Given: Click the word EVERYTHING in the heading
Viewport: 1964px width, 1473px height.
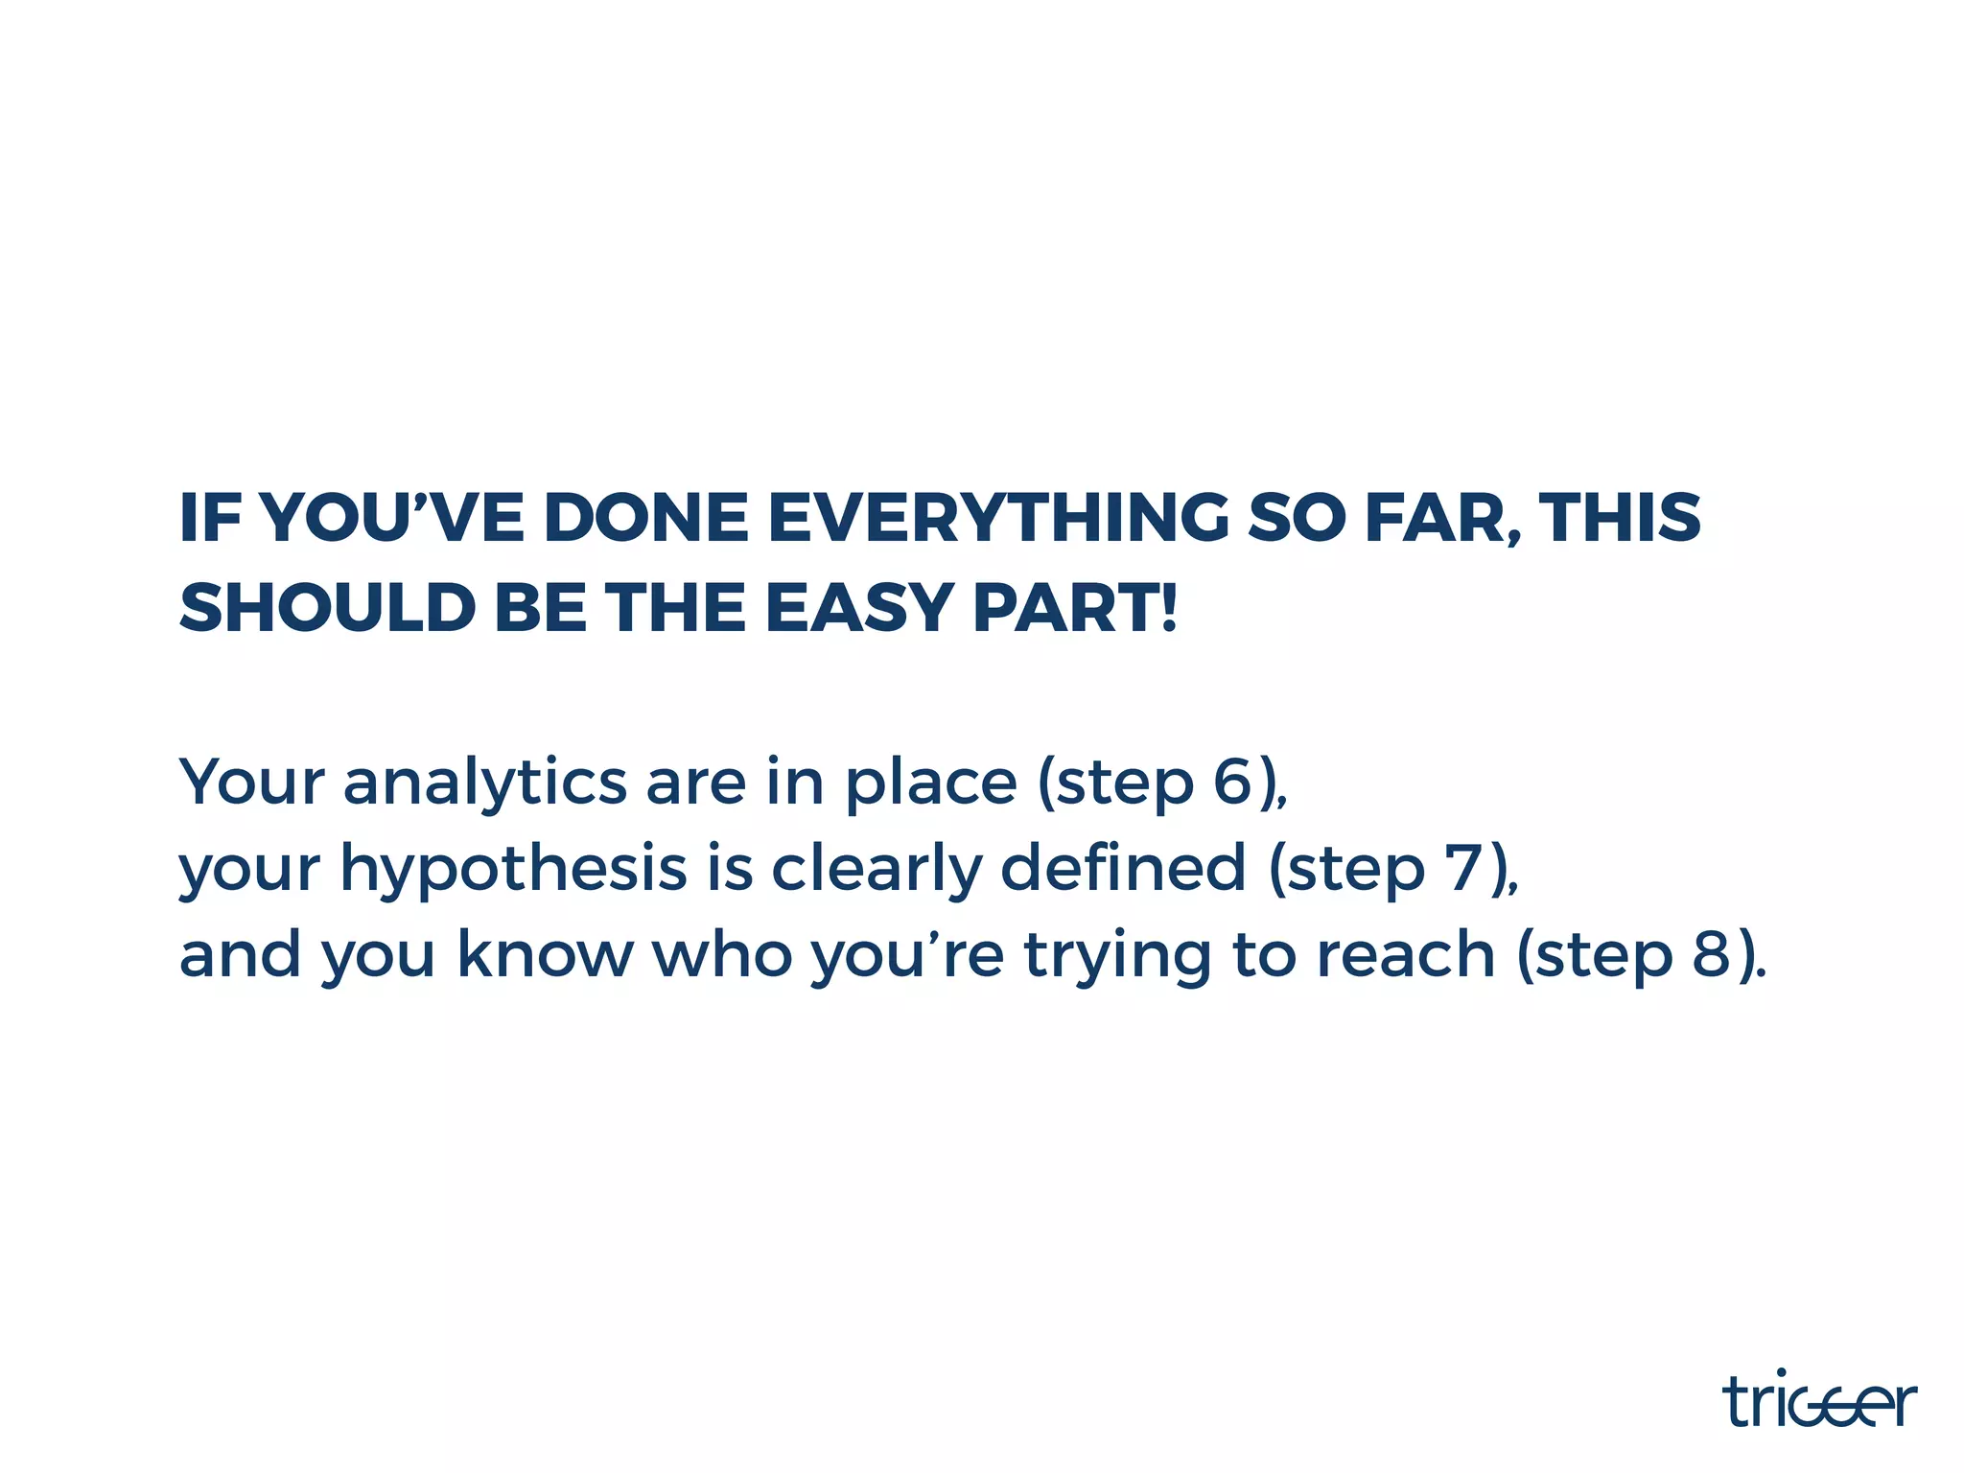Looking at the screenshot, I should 998,518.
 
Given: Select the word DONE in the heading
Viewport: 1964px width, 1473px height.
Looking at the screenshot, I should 645,518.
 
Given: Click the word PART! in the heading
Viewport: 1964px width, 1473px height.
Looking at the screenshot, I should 1075,608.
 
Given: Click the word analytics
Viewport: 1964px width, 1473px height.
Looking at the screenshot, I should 485,783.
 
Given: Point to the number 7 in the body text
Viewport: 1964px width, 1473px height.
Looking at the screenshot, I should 1464,868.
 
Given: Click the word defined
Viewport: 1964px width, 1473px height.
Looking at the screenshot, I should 1123,868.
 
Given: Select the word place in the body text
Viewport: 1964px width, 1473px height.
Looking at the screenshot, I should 930,783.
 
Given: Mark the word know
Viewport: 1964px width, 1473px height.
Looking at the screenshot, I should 545,955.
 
